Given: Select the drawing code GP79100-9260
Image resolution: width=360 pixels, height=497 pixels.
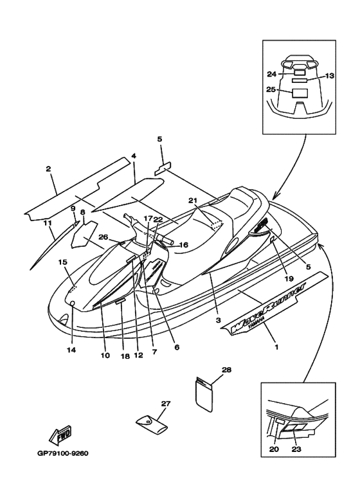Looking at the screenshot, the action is pos(63,453).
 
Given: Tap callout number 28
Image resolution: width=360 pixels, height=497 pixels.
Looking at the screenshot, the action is pos(226,370).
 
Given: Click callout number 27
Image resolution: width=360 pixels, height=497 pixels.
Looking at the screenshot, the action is pos(166,404).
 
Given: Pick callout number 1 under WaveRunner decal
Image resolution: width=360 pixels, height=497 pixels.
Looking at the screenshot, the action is pos(276,347).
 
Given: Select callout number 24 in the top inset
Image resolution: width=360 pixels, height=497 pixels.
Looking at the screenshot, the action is pos(271,74).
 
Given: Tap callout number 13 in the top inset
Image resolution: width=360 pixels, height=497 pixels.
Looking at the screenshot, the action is pos(330,76).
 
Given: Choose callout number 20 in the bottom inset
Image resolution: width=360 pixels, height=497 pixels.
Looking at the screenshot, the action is pos(274,449).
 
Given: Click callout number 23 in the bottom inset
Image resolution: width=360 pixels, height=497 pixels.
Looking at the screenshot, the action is pos(296,449).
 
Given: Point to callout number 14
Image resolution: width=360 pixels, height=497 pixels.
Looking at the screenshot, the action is pos(71,350).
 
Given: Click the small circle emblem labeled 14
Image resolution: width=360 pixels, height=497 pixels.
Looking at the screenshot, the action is pos(72,303).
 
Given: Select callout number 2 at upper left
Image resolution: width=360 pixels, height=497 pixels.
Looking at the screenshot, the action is pos(48,169).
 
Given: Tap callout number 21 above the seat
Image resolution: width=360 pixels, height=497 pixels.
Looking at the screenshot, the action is pos(193,201).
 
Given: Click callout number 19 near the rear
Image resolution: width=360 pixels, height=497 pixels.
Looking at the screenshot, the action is pos(289,278).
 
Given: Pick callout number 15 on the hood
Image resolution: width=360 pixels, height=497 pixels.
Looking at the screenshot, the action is pos(63,262).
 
